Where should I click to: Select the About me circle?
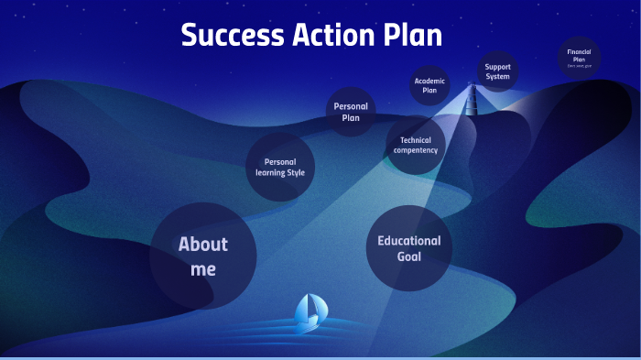[x=202, y=256]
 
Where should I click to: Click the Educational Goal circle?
[x=409, y=248]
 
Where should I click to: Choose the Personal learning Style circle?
[x=280, y=167]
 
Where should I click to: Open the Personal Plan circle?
[x=351, y=112]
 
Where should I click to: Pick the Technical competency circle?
[x=416, y=145]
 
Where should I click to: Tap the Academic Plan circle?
[x=429, y=85]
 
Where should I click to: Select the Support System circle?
[x=497, y=71]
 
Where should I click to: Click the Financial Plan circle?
[x=579, y=57]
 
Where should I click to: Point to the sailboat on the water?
[x=308, y=312]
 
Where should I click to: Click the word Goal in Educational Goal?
[x=409, y=257]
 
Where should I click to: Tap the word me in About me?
[x=203, y=269]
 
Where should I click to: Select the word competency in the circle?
[x=416, y=150]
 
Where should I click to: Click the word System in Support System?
[x=497, y=77]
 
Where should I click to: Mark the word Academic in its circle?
[x=429, y=81]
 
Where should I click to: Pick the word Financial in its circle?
[x=579, y=52]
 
